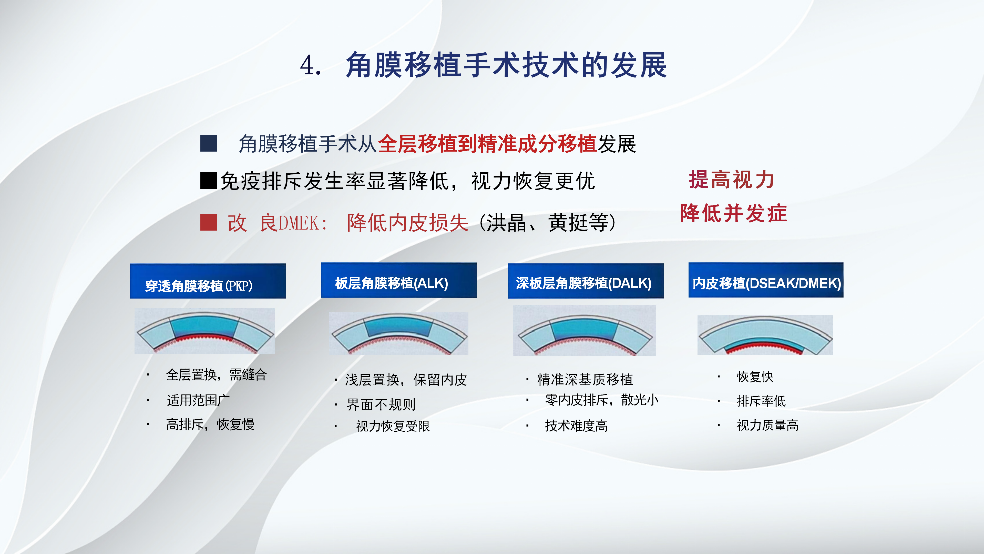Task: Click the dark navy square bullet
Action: tap(209, 143)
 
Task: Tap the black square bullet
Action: tap(209, 181)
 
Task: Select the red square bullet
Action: tap(209, 222)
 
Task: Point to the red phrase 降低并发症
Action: tap(733, 213)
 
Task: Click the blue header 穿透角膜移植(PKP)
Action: tap(208, 281)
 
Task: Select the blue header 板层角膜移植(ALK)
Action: tap(399, 280)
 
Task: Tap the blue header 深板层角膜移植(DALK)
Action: tap(586, 281)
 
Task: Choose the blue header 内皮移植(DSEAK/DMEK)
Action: tap(766, 280)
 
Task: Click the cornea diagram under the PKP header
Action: tap(204, 331)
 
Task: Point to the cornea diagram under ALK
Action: tap(399, 334)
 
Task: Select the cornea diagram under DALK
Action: tap(585, 330)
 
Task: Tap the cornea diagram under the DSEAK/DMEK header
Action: tap(765, 335)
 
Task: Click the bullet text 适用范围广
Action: tap(198, 400)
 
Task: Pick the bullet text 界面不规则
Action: tap(381, 404)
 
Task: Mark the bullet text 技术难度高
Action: tap(576, 426)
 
